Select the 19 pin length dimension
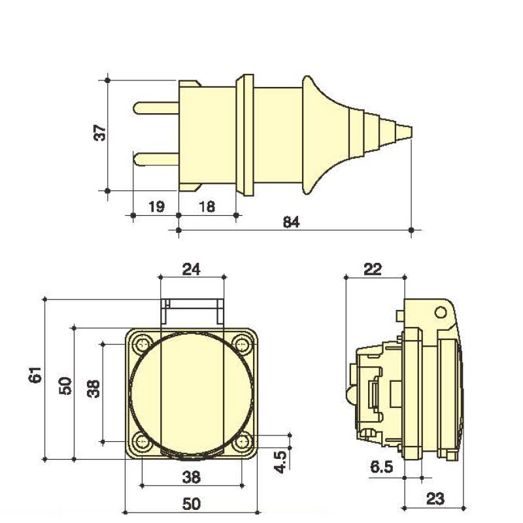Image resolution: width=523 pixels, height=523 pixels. click(x=156, y=207)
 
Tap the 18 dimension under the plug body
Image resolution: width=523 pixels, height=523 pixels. click(x=206, y=207)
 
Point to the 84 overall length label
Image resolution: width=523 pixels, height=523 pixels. click(x=291, y=222)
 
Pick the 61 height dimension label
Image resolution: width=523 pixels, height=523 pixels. click(x=35, y=375)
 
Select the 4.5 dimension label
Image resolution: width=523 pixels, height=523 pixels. click(x=280, y=461)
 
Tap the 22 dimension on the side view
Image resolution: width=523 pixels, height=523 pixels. click(x=373, y=268)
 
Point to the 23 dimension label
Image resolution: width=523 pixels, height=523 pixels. click(x=435, y=499)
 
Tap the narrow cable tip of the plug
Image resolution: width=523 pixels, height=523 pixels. click(x=405, y=131)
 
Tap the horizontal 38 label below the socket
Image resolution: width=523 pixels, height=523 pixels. click(x=191, y=477)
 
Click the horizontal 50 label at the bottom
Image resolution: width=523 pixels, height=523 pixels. click(x=191, y=504)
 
